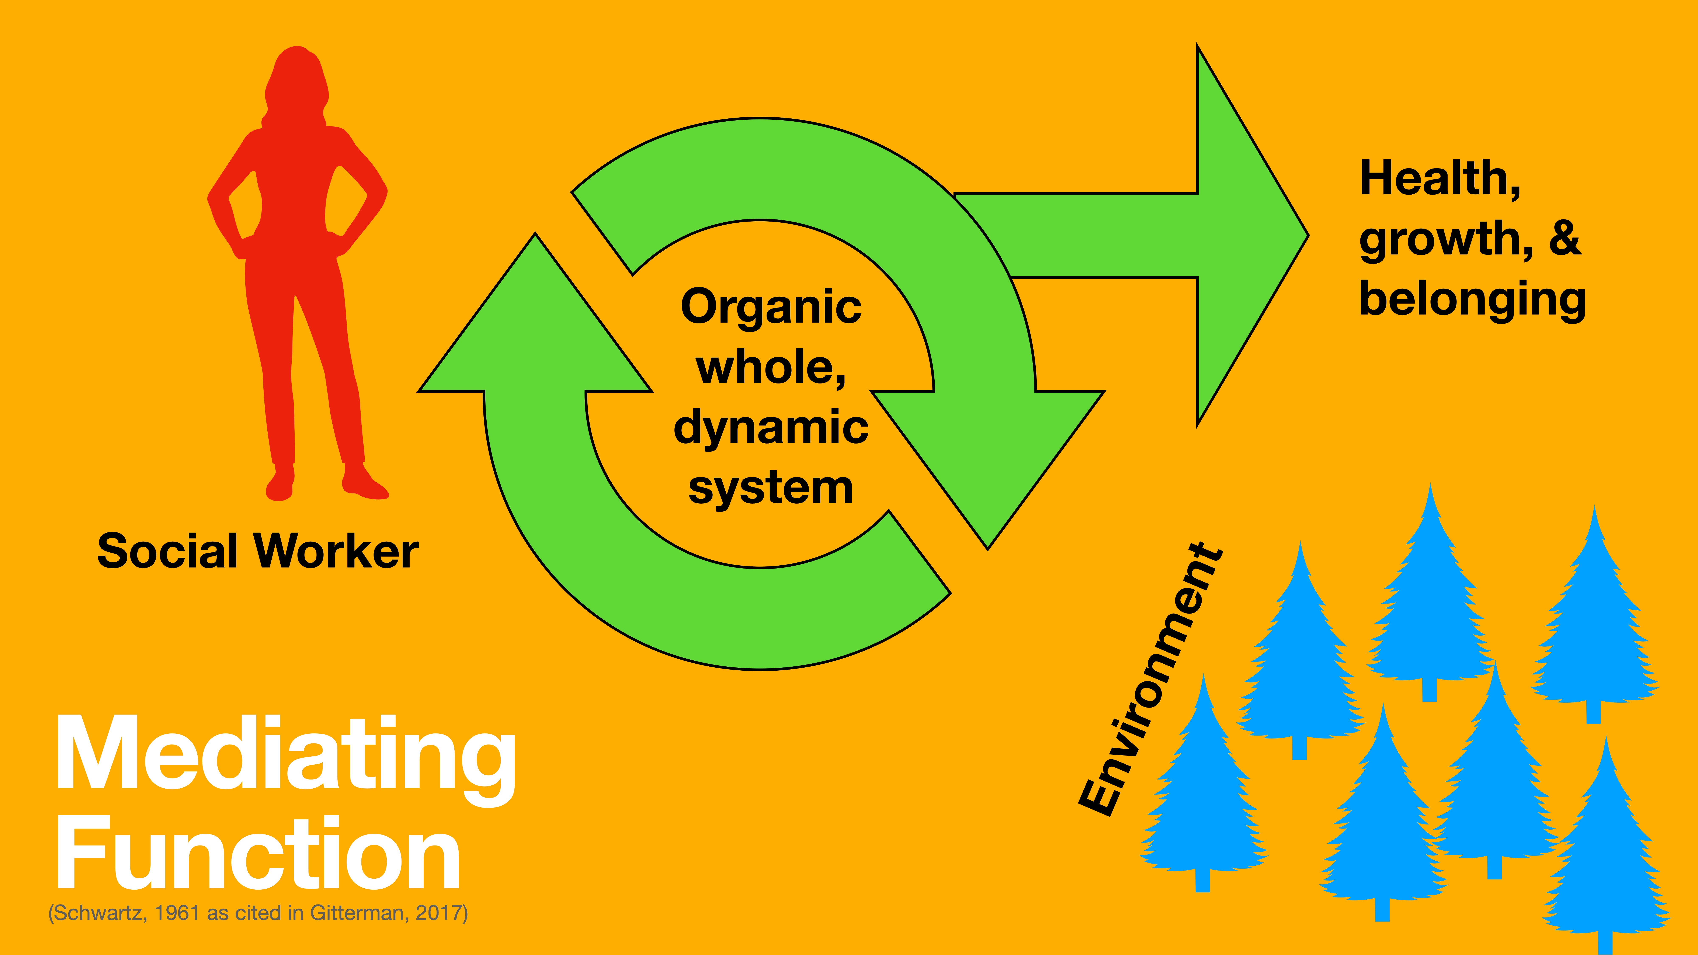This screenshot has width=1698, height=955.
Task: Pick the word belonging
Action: pyautogui.click(x=1472, y=300)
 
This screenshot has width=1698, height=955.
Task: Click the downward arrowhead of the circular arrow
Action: pyautogui.click(x=987, y=475)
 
